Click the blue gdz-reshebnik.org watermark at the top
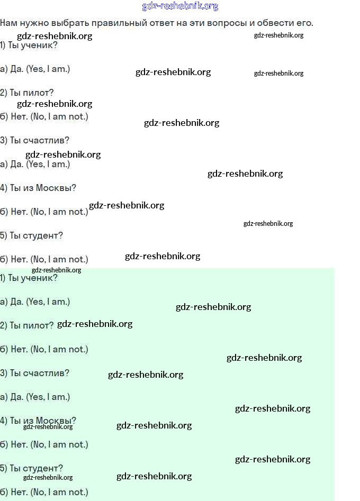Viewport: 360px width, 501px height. [180, 6]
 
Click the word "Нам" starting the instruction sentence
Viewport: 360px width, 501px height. [8, 23]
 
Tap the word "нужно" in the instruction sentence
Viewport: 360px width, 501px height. [34, 23]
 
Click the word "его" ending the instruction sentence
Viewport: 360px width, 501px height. [305, 23]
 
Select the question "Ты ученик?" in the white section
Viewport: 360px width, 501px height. [33, 45]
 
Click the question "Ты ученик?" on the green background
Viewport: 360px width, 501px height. [33, 278]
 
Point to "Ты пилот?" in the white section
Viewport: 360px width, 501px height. [32, 93]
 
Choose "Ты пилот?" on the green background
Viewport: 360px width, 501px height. [32, 325]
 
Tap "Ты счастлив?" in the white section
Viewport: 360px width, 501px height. [40, 140]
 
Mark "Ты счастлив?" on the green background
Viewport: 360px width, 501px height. [40, 373]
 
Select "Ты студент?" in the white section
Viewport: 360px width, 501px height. [37, 236]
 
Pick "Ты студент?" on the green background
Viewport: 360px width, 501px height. [37, 468]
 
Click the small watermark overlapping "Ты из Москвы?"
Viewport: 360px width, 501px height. [48, 426]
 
